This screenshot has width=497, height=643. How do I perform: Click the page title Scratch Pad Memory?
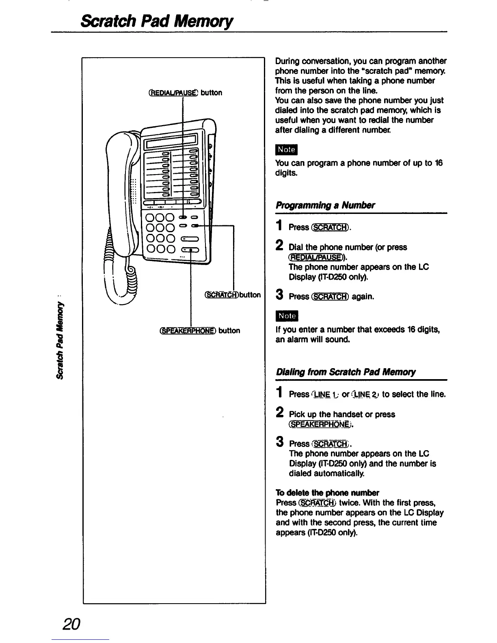coord(157,20)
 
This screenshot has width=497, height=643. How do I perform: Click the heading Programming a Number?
coord(325,205)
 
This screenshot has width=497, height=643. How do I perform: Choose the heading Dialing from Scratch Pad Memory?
coord(346,372)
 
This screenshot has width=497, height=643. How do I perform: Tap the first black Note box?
coord(286,149)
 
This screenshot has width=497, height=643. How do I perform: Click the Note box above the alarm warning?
coord(286,315)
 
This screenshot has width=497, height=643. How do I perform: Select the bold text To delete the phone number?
coord(327,493)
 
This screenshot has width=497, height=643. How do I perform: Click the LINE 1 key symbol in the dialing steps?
coord(322,394)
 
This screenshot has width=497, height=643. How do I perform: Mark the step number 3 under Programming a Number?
coord(279,296)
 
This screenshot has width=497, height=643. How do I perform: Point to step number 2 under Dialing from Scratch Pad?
coord(279,413)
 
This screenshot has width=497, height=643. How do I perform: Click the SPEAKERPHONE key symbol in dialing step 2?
coord(319,425)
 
